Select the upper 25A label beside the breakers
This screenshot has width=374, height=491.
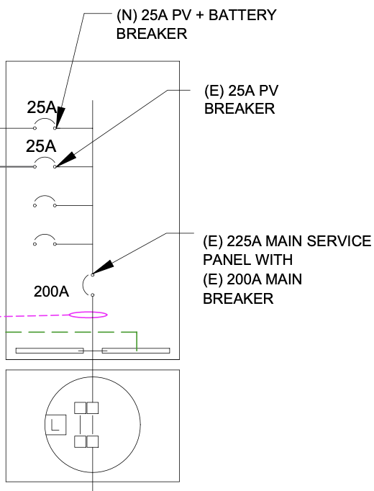click(x=42, y=108)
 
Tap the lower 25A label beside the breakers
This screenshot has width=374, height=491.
click(x=42, y=146)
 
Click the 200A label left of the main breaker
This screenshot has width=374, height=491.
click(x=51, y=292)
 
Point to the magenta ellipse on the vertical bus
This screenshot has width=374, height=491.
click(x=88, y=314)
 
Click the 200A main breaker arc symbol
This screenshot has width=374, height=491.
click(x=87, y=284)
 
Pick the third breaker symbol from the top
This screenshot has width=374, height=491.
click(x=45, y=201)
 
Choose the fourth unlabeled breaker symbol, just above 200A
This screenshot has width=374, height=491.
click(x=45, y=238)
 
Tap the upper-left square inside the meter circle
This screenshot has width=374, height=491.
click(x=80, y=408)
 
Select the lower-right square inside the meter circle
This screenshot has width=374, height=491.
click(x=93, y=441)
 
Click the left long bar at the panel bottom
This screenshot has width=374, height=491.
click(x=50, y=351)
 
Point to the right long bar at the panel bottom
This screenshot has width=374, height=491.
click(x=136, y=351)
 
